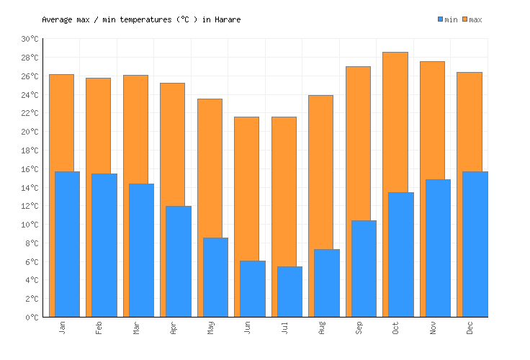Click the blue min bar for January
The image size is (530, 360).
coord(67,245)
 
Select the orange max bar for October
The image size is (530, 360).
coord(395,122)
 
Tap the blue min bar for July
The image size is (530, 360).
coord(289,292)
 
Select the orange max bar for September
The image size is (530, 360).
coord(358,144)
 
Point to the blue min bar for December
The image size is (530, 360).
coord(475,245)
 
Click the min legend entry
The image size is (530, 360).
coord(447,19)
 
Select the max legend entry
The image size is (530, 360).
coord(472,19)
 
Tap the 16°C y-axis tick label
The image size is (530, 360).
coord(30,169)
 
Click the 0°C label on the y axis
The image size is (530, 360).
coord(32,318)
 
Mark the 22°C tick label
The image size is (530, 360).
coord(30,113)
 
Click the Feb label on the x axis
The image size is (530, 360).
coord(99,328)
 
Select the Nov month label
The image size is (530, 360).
coord(434,328)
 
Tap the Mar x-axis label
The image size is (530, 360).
coord(137,328)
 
